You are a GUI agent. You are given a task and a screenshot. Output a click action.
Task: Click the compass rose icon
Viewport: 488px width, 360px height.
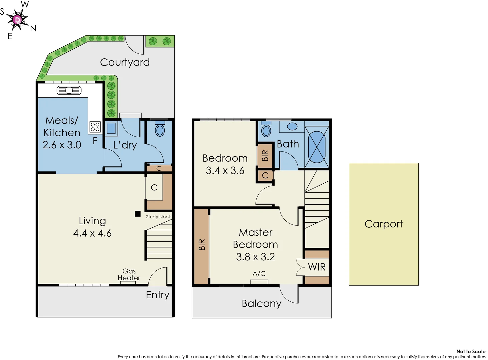pos(17,20)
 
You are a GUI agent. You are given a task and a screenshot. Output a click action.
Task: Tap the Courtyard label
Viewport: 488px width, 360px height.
pos(125,62)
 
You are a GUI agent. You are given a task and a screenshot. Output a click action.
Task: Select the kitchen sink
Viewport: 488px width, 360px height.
pos(69,90)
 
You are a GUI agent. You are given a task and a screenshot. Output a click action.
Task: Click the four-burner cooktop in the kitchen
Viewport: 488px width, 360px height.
pos(95,127)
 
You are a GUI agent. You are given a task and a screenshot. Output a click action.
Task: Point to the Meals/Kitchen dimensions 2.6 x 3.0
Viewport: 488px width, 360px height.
pos(62,145)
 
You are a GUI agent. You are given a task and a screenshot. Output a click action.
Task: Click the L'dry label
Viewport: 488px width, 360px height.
pos(125,145)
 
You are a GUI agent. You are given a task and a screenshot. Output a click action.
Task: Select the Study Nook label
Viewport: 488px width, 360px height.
pos(158,217)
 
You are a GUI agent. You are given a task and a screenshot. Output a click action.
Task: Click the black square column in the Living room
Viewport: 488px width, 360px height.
pos(137,214)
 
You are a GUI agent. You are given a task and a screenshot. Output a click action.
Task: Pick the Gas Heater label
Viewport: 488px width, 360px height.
pos(129,275)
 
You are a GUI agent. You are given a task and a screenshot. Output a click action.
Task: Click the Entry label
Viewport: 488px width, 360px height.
pos(158,295)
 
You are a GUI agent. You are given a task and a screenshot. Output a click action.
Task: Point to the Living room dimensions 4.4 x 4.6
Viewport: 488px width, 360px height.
pos(92,233)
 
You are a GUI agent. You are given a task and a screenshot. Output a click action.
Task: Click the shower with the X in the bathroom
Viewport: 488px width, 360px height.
pos(317,147)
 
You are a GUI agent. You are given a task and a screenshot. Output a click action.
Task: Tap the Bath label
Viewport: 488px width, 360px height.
pos(288,144)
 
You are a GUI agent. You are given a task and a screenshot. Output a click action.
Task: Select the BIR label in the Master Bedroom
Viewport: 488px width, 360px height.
pos(202,245)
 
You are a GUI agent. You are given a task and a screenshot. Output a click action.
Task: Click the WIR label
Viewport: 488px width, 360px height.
pos(317,267)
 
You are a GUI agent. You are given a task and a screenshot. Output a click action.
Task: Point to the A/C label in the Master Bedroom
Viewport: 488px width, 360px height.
pos(259,274)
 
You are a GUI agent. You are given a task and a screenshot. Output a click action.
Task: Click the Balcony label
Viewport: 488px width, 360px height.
pos(262,304)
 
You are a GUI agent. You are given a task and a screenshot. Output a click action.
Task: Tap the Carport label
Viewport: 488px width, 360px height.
pos(383,224)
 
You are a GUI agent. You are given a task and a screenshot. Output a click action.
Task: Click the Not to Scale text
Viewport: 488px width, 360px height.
pos(471,351)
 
